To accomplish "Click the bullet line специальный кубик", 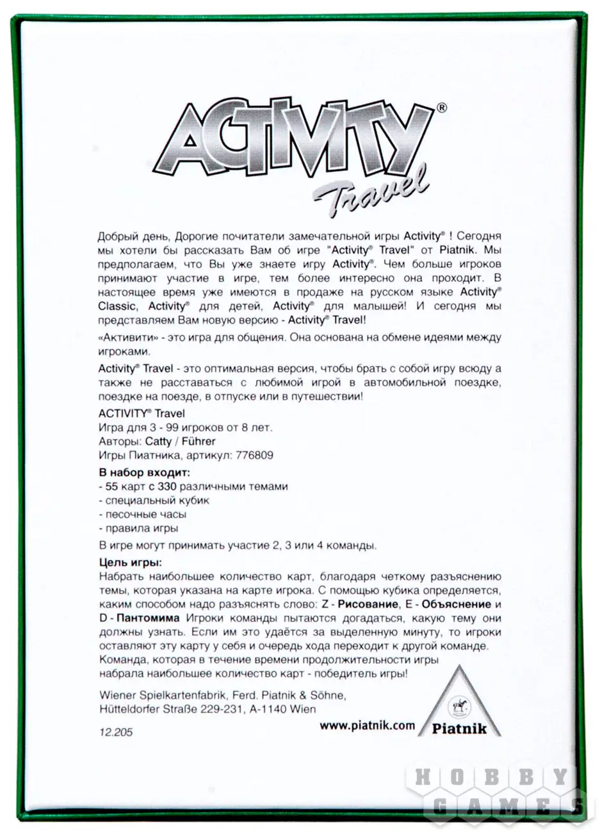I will [154, 500].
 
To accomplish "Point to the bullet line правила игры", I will [138, 529].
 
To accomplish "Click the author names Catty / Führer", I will [181, 441].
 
